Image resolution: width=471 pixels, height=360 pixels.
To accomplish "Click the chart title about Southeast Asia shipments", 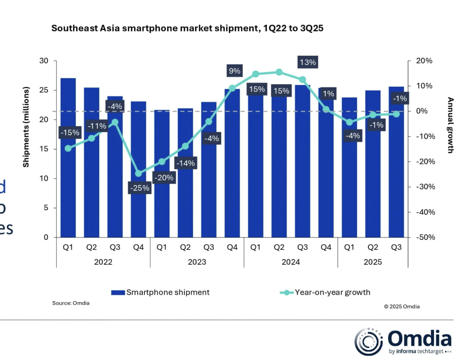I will [187, 29].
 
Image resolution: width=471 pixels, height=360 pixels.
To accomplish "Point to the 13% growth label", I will [307, 62].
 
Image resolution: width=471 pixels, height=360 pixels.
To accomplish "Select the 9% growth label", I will [234, 71].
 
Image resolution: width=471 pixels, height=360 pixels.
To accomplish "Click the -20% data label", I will [164, 178].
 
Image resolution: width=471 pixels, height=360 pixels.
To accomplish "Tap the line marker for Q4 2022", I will [138, 173].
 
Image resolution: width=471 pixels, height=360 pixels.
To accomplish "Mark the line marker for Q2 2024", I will [279, 72].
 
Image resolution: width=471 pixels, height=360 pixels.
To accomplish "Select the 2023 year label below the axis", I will [197, 262].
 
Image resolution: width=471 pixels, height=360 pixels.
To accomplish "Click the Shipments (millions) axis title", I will [26, 128].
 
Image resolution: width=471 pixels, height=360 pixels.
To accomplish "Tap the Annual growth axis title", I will [450, 125].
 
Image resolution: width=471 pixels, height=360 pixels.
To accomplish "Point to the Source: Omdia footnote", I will [71, 303].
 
